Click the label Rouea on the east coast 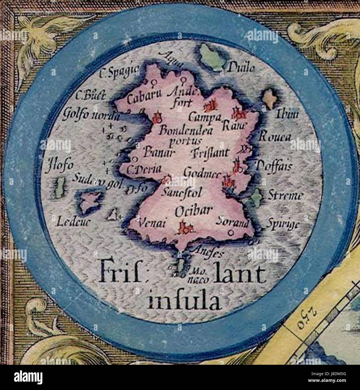click(x=274, y=137)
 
